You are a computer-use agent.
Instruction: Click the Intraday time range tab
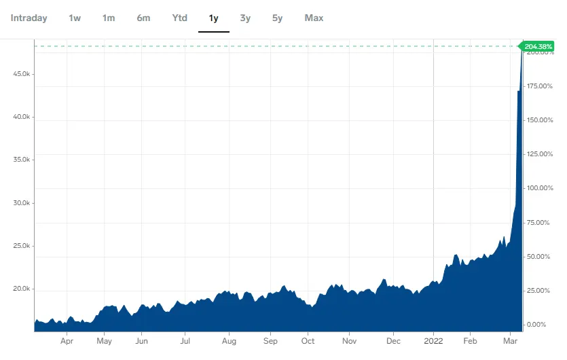pos(29,18)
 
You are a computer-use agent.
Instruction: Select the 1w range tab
pos(75,18)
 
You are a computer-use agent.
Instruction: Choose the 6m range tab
pos(143,18)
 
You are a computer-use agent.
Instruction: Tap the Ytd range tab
pos(179,18)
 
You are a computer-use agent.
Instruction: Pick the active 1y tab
pos(213,18)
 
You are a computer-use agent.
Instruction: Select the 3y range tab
pos(245,18)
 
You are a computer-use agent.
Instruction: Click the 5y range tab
pos(277,18)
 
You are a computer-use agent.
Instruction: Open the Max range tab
pos(314,18)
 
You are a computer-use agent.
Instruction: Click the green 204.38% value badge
pos(539,46)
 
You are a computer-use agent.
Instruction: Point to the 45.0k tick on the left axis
pos(22,73)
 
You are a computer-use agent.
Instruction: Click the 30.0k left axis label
pos(22,203)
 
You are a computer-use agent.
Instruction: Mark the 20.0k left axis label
pos(22,289)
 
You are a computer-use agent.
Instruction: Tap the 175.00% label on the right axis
pos(541,86)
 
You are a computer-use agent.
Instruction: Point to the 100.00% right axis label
pos(541,188)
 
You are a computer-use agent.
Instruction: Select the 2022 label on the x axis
pos(433,342)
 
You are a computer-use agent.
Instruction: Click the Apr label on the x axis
pos(67,342)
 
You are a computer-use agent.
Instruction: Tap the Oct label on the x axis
pos(308,342)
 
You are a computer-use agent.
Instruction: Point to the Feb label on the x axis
pos(469,342)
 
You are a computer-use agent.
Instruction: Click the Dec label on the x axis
pos(394,342)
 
